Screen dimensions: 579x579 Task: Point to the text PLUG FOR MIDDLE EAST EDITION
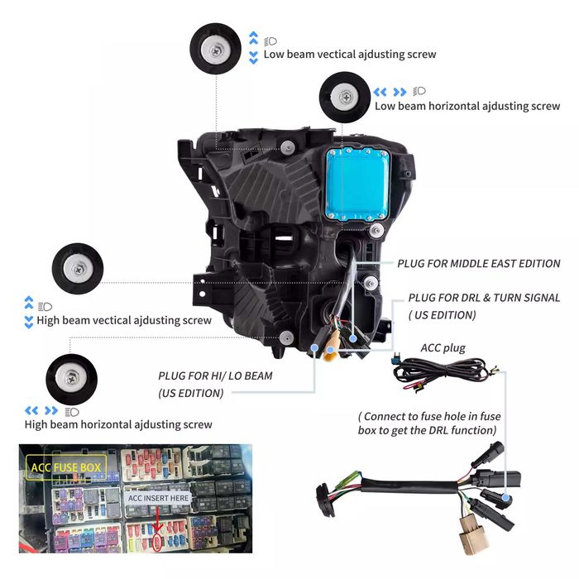pos(478,264)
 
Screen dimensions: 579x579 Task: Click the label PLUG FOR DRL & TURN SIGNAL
pos(484,298)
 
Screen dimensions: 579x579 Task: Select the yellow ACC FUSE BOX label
pos(67,468)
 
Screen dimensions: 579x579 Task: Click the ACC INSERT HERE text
pos(159,499)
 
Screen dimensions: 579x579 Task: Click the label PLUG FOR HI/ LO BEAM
pos(215,376)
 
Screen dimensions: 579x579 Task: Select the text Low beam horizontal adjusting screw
pos(467,107)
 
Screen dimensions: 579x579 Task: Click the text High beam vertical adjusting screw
pos(124,320)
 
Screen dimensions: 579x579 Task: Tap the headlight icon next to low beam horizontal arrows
pos(420,90)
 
